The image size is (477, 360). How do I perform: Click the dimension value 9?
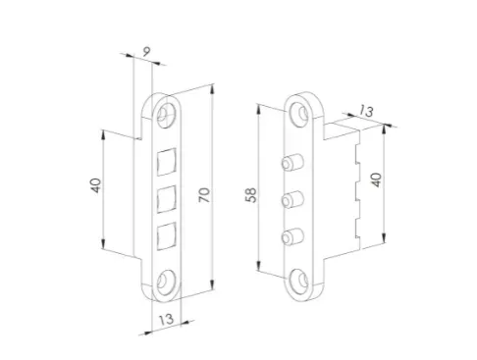(x=146, y=51)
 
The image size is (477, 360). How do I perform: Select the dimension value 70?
(x=204, y=195)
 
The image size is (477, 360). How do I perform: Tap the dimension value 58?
(x=251, y=195)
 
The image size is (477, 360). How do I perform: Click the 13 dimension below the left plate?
(x=166, y=319)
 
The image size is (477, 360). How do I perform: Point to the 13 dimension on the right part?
(x=366, y=111)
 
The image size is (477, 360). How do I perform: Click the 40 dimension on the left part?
(x=95, y=185)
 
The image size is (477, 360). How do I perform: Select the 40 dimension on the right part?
(x=377, y=180)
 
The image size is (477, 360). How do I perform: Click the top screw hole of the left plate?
(x=166, y=113)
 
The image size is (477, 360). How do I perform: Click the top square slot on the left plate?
(x=167, y=162)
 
